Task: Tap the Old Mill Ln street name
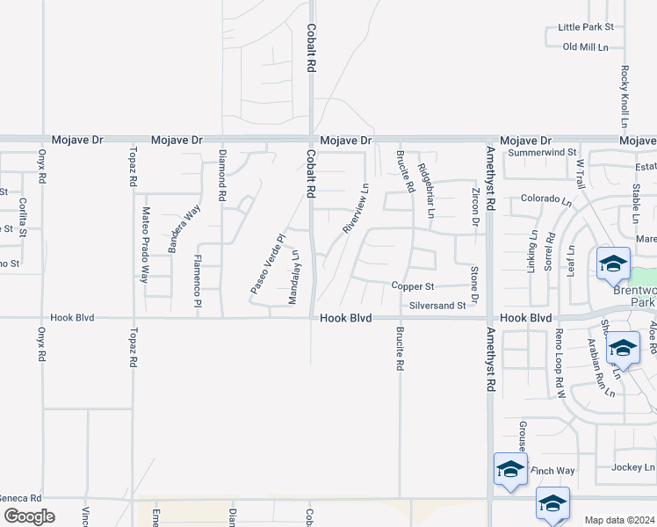point(585,47)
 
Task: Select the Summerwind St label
point(540,152)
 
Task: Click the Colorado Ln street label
point(545,199)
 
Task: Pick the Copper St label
point(413,286)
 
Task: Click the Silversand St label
point(437,306)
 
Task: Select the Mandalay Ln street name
point(295,278)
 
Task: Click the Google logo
point(28,516)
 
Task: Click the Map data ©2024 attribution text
point(620,520)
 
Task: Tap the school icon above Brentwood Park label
point(613,263)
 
